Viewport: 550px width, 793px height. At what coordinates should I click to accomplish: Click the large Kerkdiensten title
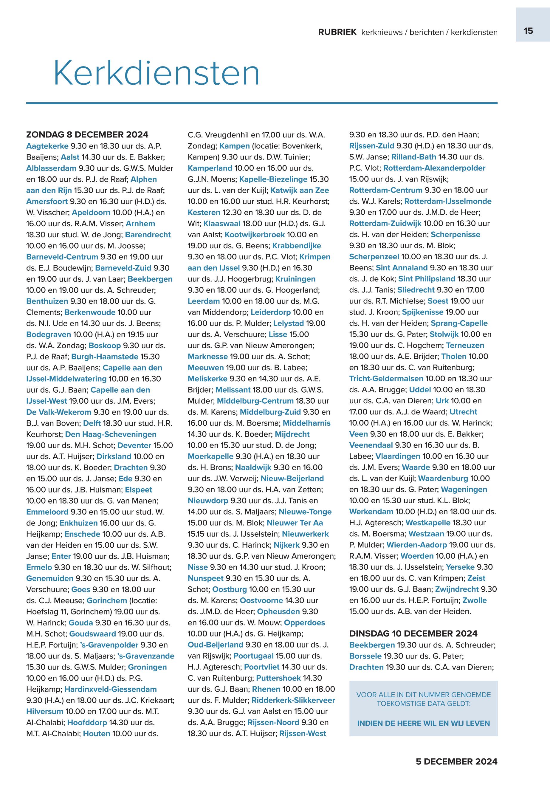[x=157, y=73]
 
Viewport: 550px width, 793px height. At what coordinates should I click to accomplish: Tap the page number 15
[x=528, y=31]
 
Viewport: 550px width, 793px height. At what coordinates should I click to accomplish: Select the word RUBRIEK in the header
[x=337, y=32]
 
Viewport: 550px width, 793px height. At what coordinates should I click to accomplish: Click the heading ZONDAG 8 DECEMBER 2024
[x=87, y=134]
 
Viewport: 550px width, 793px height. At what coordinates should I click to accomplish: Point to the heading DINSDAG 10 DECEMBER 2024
[x=413, y=634]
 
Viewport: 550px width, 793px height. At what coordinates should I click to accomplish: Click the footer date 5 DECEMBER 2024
[x=456, y=762]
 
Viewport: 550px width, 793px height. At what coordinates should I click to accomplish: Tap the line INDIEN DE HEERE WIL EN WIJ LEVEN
[x=423, y=723]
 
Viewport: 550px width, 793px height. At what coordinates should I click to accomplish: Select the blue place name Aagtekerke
[x=47, y=146]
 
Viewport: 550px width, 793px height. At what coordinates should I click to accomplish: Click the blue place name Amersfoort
[x=47, y=201]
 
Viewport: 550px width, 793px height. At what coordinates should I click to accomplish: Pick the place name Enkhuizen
[x=79, y=523]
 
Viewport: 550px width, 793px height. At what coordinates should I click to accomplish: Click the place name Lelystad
[x=289, y=323]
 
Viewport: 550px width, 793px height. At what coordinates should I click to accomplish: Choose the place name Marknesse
[x=207, y=357]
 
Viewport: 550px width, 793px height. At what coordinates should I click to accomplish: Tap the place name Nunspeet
[x=205, y=578]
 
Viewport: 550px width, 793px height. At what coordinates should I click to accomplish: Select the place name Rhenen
[x=266, y=689]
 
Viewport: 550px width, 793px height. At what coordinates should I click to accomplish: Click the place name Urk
[x=442, y=401]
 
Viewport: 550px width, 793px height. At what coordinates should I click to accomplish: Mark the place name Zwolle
[x=474, y=600]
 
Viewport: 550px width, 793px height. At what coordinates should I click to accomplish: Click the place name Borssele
[x=365, y=656]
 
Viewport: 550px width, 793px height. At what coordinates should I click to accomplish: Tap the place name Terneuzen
[x=465, y=345]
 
